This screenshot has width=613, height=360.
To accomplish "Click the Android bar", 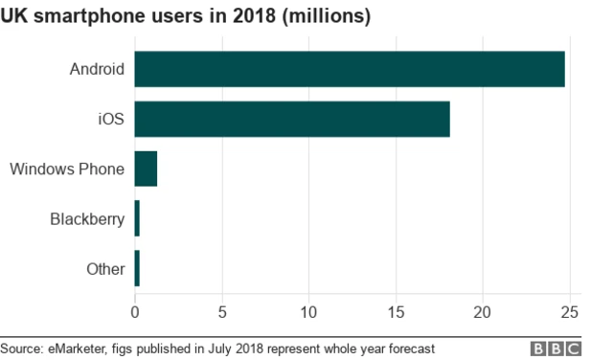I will pyautogui.click(x=350, y=69).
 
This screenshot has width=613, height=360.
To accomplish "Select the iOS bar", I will pyautogui.click(x=292, y=119).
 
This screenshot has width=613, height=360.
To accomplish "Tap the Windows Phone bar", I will pyautogui.click(x=146, y=169).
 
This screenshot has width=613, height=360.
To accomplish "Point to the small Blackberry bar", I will pyautogui.click(x=137, y=218).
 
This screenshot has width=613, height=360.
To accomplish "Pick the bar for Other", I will pyautogui.click(x=137, y=268).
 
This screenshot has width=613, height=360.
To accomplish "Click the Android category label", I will pyautogui.click(x=97, y=69).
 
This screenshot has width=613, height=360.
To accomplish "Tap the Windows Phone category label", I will pyautogui.click(x=67, y=169).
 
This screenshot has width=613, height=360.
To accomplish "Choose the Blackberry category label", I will pyautogui.click(x=87, y=219).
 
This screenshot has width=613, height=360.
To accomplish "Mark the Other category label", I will pyautogui.click(x=105, y=269).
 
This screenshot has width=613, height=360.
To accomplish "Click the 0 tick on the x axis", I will pyautogui.click(x=135, y=311).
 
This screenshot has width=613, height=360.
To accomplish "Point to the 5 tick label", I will pyautogui.click(x=222, y=311).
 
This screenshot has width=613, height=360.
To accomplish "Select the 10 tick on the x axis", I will pyautogui.click(x=309, y=311).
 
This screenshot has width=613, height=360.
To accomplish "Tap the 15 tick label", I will pyautogui.click(x=396, y=311).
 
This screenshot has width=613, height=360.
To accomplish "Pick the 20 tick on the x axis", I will pyautogui.click(x=483, y=311).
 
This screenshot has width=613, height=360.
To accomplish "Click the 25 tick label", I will pyautogui.click(x=570, y=311).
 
